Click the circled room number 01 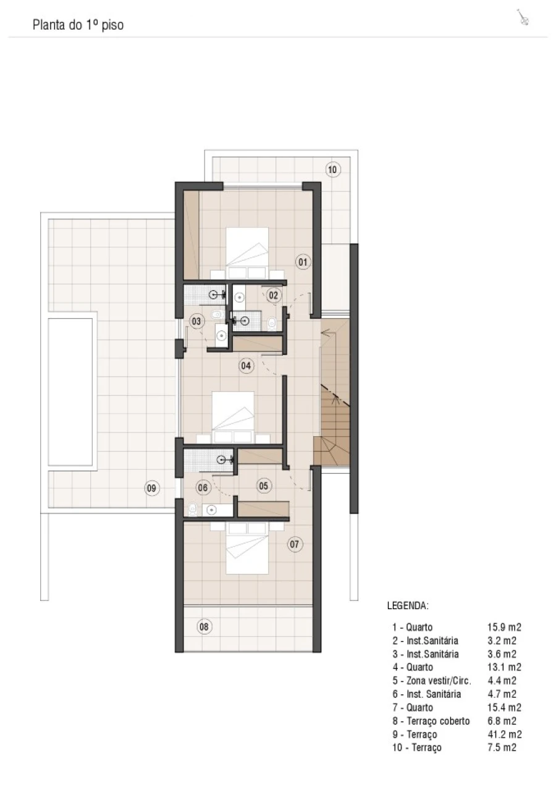point(303,262)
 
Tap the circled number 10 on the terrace point(332,170)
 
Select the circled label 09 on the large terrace point(152,488)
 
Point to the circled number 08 point(204,626)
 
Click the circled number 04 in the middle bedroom point(246,366)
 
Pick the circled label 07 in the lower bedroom point(295,544)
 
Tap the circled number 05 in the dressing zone point(263,486)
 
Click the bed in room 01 point(247,253)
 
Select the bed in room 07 point(247,548)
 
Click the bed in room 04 point(233,417)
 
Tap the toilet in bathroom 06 point(193,510)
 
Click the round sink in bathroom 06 point(211,510)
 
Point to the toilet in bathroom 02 point(272,324)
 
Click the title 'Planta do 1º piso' point(78,25)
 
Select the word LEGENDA point(408,605)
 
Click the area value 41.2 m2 point(504,734)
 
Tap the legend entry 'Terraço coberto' point(438,721)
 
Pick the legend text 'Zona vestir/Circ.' point(439,681)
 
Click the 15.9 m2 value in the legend point(504,627)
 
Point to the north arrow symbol point(523,17)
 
